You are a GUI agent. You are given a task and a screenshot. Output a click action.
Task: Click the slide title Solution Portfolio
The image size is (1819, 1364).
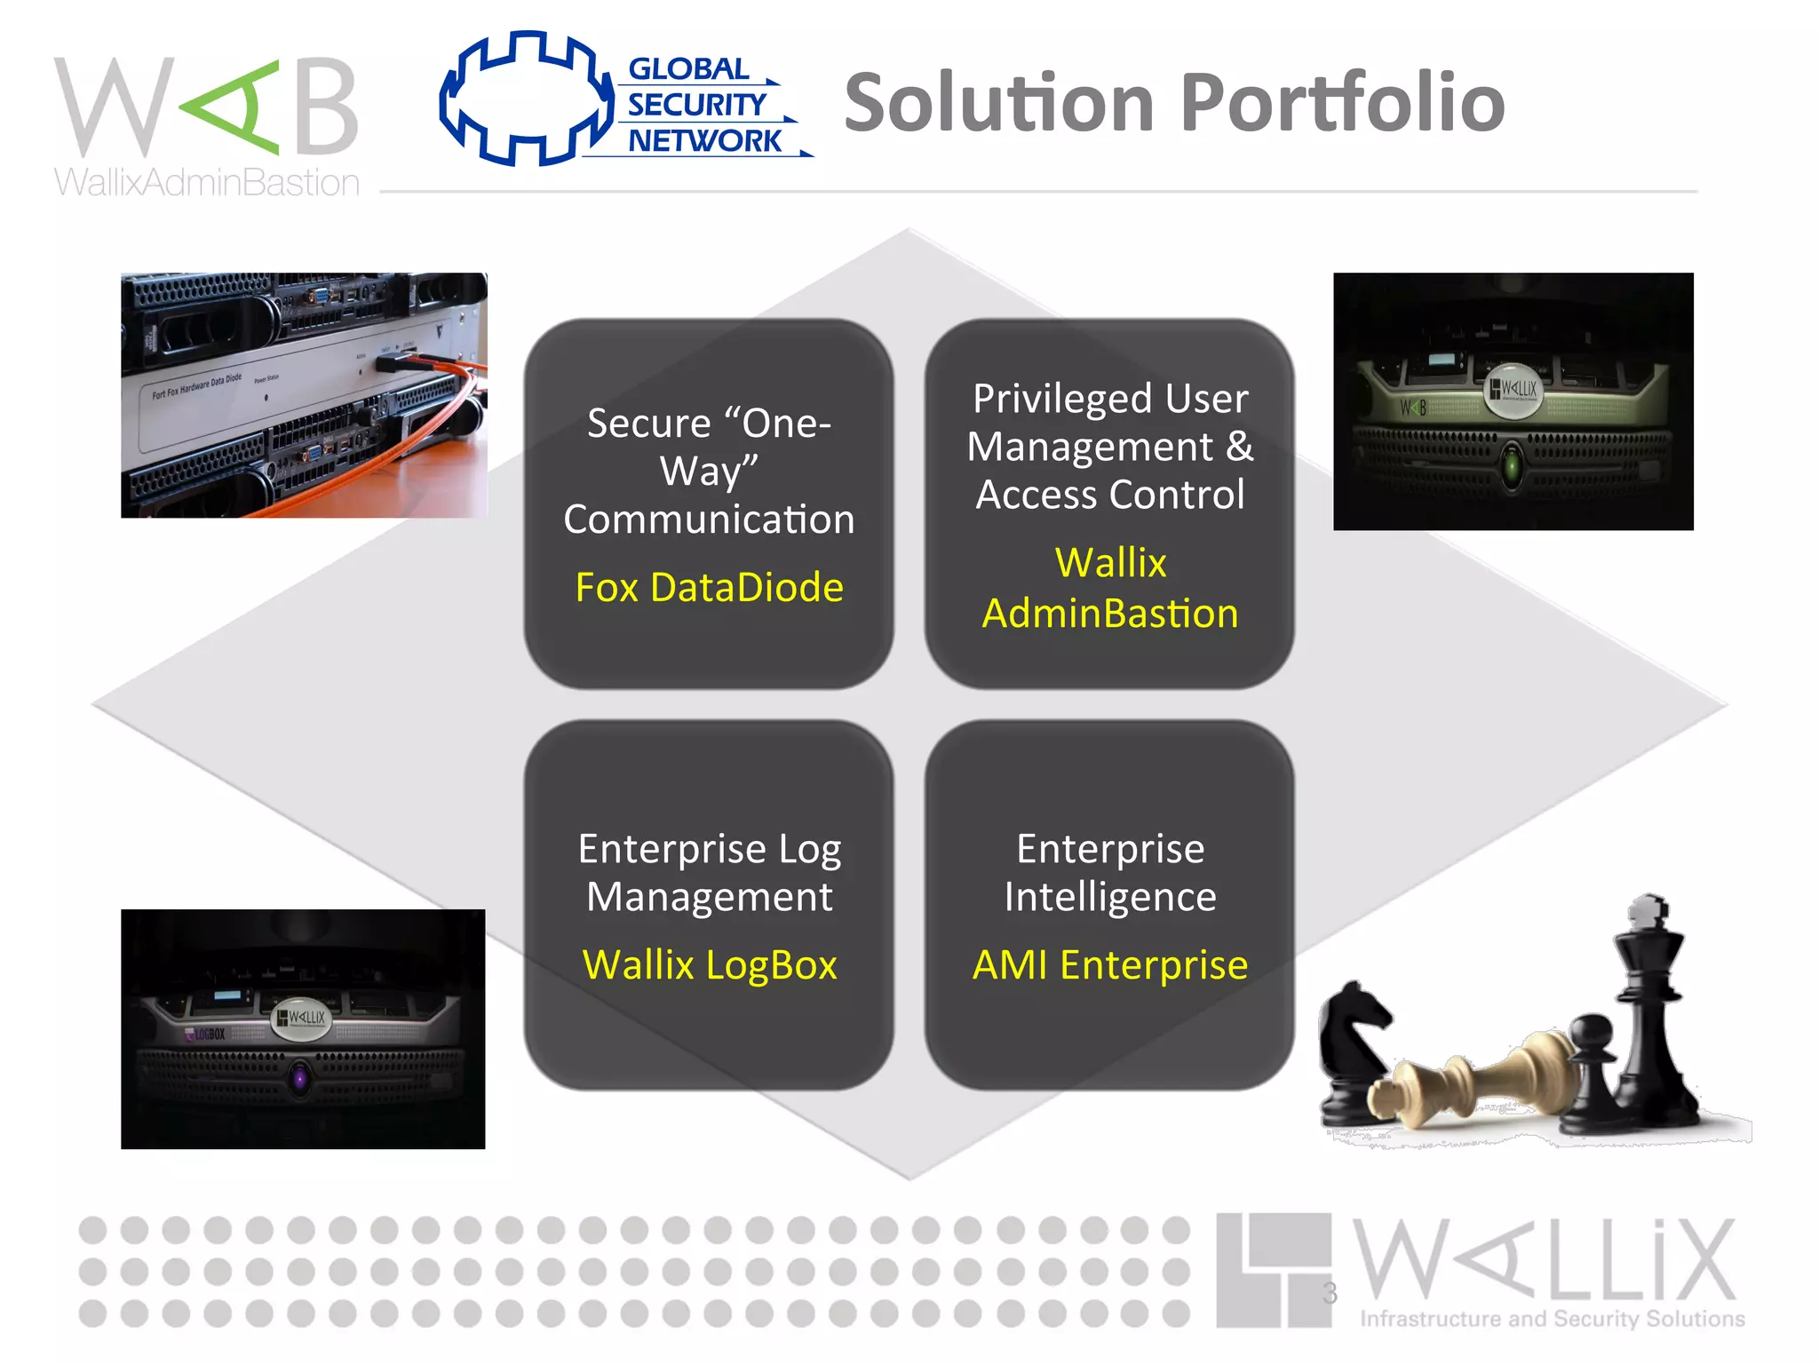point(1174,103)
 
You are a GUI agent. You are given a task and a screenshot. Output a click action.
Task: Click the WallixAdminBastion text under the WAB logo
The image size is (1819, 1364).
point(207,183)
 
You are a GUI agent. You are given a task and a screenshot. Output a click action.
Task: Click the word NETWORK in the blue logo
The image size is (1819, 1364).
point(704,140)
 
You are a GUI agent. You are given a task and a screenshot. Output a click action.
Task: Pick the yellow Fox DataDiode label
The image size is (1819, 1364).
point(709,587)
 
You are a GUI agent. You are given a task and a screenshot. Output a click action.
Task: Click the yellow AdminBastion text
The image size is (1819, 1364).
point(1110,614)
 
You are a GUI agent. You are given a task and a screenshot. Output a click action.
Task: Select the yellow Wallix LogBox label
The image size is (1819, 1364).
point(709,964)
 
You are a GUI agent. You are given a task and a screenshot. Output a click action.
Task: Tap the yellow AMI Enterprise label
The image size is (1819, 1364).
point(1110,964)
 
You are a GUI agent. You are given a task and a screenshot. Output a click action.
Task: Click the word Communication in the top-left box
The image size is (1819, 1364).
point(709,519)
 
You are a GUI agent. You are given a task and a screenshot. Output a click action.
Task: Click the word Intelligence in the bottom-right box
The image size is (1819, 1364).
point(1110,897)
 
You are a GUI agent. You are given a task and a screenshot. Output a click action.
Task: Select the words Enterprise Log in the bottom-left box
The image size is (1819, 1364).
point(709,849)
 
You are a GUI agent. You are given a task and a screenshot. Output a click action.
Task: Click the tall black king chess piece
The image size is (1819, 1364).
point(1652,1012)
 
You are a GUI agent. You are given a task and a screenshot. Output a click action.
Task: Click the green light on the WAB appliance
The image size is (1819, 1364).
point(1512,464)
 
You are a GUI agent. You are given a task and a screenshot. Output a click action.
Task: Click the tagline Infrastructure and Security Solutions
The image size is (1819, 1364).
point(1552,1319)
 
